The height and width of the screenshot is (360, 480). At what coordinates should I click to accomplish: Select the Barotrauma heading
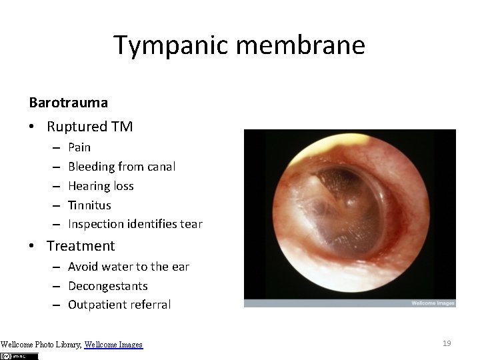click(69, 103)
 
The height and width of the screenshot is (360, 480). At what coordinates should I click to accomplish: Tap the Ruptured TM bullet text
click(89, 126)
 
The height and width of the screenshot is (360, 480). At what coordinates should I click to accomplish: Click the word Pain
click(79, 147)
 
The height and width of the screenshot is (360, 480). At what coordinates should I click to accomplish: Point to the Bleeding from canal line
click(121, 166)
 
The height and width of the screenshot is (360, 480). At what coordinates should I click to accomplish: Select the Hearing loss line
click(101, 185)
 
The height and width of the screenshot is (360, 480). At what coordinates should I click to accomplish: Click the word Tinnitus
click(89, 205)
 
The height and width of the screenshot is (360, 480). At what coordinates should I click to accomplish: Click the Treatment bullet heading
click(81, 245)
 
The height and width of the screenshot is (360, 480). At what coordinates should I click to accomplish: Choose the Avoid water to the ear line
click(128, 267)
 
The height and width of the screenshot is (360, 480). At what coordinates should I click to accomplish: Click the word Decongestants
click(107, 285)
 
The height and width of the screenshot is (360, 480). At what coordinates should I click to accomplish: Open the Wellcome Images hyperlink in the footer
click(113, 345)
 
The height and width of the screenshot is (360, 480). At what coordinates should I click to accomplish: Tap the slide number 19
click(447, 343)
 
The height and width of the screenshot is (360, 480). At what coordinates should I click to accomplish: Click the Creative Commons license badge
click(19, 356)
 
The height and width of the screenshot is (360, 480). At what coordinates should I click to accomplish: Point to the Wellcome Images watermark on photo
click(432, 303)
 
